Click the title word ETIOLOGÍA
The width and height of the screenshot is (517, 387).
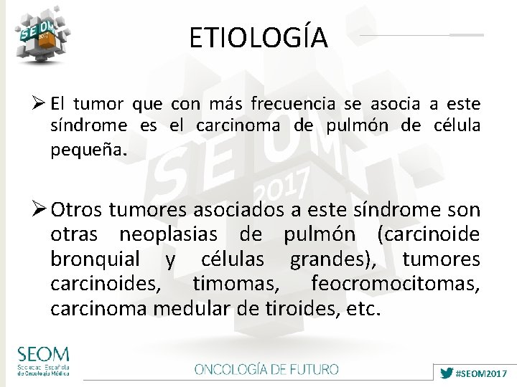click(x=258, y=37)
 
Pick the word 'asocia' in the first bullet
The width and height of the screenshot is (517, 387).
click(x=397, y=105)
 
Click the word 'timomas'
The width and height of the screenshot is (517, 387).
click(x=236, y=284)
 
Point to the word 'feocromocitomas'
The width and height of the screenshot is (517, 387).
click(x=395, y=284)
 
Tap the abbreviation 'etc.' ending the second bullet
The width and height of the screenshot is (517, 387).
click(x=364, y=310)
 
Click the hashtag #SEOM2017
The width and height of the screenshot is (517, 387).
click(x=482, y=374)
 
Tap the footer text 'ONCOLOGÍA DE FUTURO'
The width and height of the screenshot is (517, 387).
click(x=266, y=370)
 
